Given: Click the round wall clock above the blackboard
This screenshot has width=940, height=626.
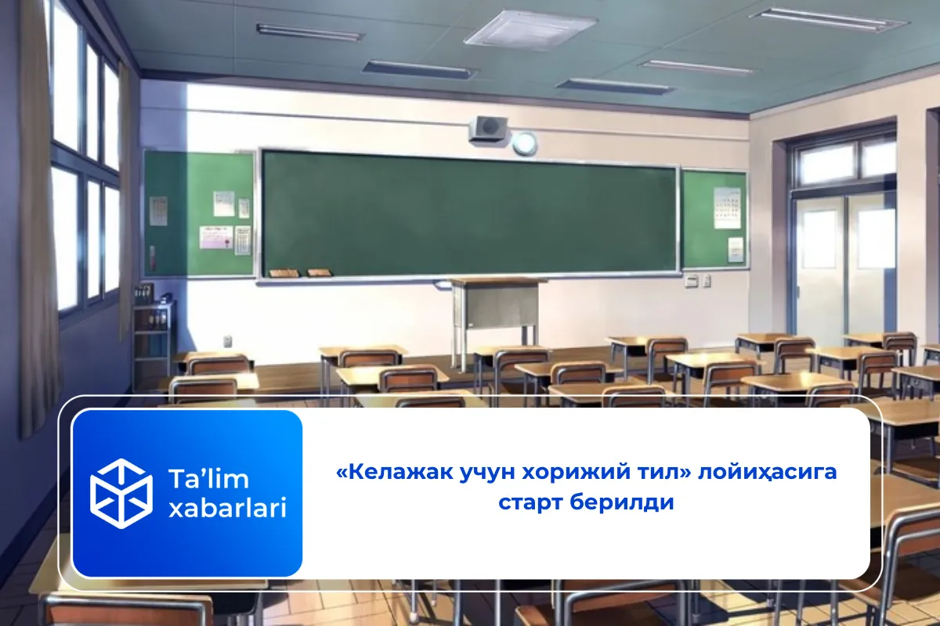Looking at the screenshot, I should (525, 143).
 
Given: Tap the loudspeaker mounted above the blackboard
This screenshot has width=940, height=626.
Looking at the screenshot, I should (488, 128).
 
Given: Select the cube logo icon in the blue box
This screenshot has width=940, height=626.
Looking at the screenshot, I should (121, 493).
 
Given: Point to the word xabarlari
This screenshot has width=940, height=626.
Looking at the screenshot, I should (227, 508).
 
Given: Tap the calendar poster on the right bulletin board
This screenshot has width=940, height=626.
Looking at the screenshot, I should (727, 207).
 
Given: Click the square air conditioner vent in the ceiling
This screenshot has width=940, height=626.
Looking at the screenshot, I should (530, 30).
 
